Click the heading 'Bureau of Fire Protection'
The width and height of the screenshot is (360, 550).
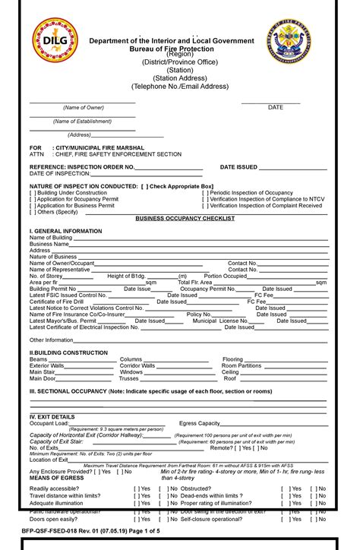point(179,49)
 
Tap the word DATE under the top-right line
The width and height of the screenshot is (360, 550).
point(275,108)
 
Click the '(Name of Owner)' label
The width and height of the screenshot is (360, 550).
point(84,108)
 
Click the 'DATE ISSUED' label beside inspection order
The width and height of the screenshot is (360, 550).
point(238,166)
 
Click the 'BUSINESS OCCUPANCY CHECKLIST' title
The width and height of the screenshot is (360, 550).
point(185,218)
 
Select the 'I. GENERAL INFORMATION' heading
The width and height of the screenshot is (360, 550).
point(65,231)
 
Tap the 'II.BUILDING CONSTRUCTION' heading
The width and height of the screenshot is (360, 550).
point(68,353)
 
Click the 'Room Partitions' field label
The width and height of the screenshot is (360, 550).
point(242,365)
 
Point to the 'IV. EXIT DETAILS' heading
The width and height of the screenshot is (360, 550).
point(52,416)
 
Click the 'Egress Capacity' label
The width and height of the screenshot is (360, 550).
point(199,423)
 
